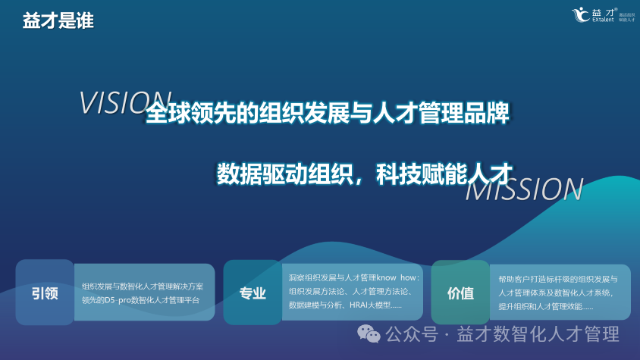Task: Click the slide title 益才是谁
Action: [x=58, y=21]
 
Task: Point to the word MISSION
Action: [x=523, y=190]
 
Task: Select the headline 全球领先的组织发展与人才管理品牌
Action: [x=327, y=114]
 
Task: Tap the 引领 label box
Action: [x=45, y=293]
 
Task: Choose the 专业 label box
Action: [x=253, y=293]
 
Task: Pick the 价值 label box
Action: [x=460, y=293]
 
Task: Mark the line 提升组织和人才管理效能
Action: [x=541, y=306]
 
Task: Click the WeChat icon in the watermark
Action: [x=369, y=333]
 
